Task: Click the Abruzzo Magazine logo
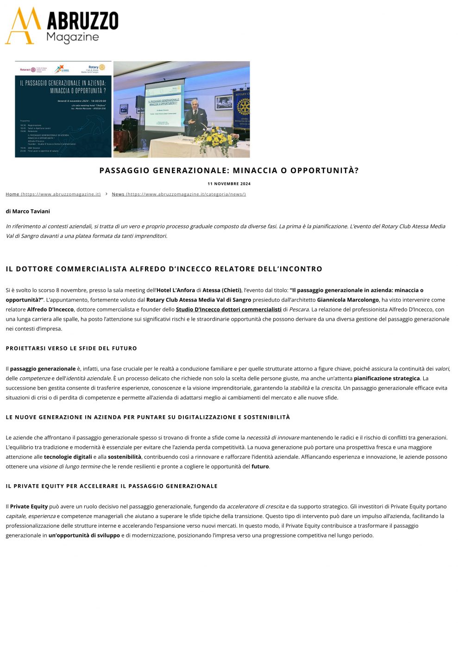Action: (62, 26)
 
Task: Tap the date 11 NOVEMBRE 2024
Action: (229, 184)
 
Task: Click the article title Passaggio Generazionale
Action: (229, 170)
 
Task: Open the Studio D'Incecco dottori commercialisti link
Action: (228, 310)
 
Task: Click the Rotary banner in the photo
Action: (242, 108)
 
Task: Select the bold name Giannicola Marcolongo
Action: (348, 300)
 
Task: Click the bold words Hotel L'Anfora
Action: (176, 290)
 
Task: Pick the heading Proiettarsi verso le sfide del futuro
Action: (71, 349)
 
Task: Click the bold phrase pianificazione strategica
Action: (387, 379)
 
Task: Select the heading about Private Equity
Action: (112, 486)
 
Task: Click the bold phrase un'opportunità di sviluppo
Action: (84, 536)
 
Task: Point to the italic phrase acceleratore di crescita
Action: (256, 506)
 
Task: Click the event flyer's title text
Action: (63, 87)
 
